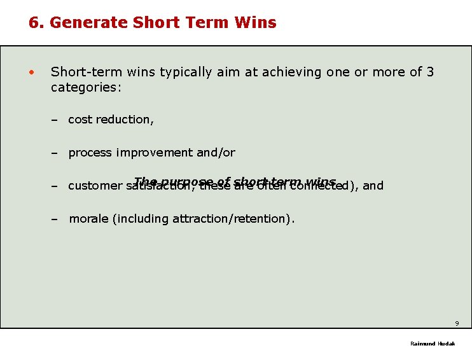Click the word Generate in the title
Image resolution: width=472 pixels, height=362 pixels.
(89, 23)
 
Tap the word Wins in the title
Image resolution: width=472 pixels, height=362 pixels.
(254, 23)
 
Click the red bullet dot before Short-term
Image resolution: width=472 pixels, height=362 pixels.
(31, 72)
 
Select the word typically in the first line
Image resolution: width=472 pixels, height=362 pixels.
(185, 72)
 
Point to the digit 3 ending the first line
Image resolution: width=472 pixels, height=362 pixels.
(431, 72)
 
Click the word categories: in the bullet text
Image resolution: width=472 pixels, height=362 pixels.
(86, 87)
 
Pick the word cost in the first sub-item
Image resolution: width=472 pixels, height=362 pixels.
(80, 120)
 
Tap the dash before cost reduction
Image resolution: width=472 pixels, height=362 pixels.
(55, 120)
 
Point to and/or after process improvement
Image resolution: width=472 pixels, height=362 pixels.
(216, 153)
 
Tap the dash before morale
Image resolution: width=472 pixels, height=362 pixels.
(55, 219)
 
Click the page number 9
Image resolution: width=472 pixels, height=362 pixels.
(457, 323)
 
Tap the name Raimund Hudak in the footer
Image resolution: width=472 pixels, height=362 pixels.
(433, 344)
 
